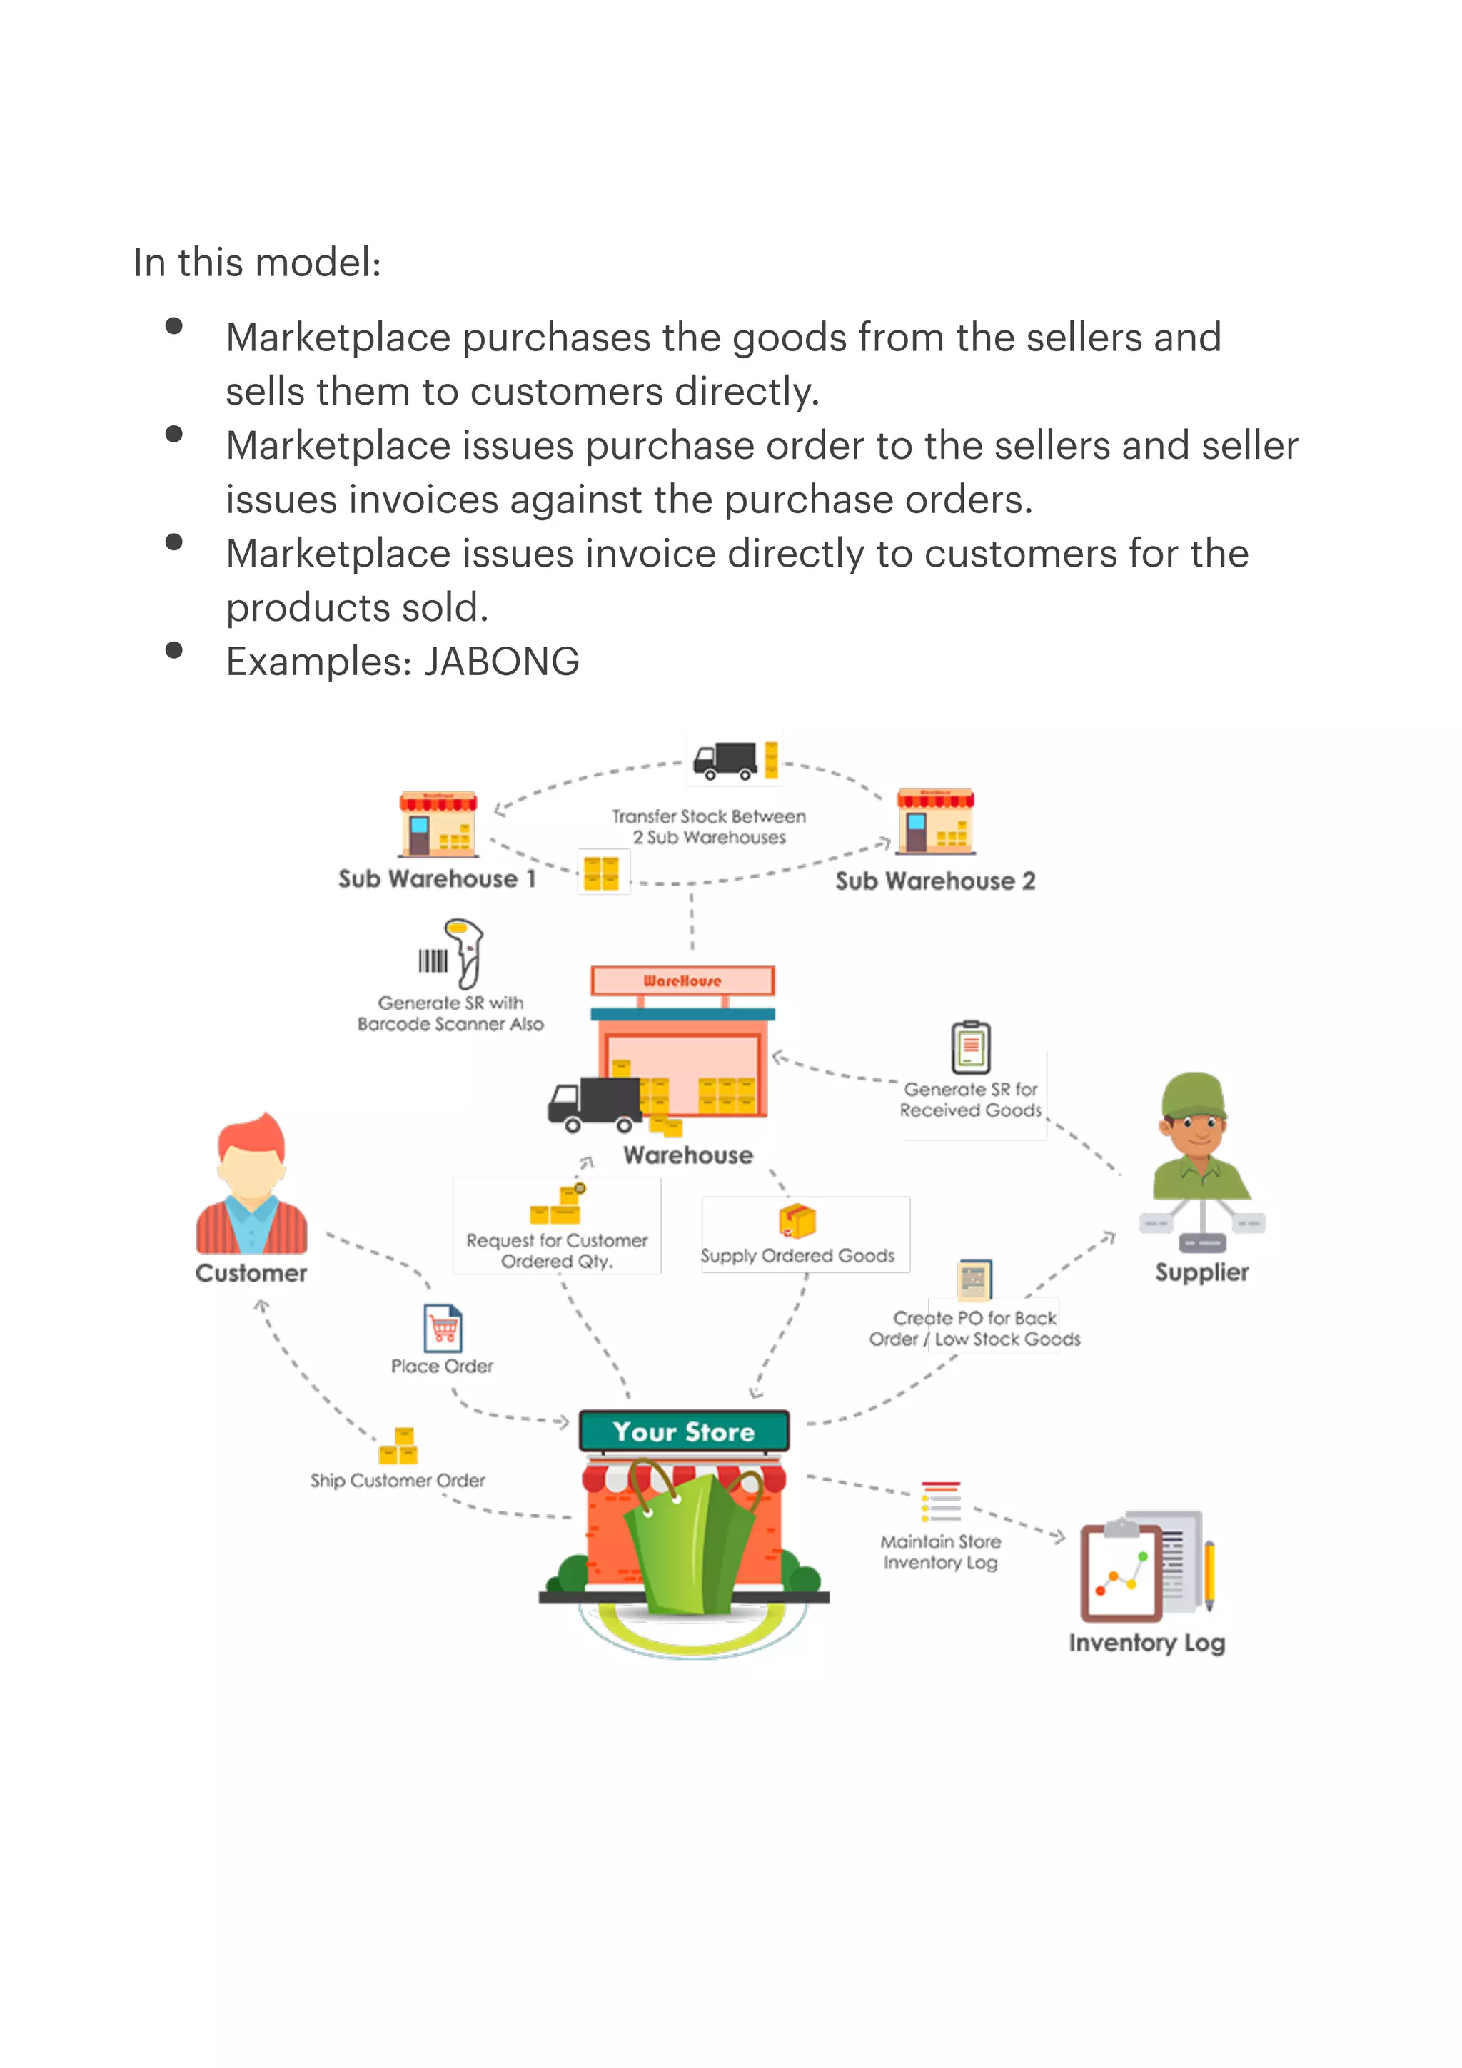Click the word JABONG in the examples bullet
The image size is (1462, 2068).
click(502, 662)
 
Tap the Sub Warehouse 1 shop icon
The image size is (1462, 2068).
click(439, 823)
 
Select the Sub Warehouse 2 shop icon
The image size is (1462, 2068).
click(936, 821)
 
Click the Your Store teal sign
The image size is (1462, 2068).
click(684, 1431)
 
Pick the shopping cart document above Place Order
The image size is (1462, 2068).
click(443, 1329)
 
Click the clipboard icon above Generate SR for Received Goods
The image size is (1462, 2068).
click(971, 1048)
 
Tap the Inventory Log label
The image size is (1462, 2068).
click(1146, 1643)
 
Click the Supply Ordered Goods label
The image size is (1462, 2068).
click(798, 1256)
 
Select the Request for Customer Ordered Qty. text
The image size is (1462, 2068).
click(557, 1251)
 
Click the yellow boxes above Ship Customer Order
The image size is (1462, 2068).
click(399, 1446)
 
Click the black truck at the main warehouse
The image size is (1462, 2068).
click(595, 1103)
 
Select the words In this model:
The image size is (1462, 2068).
click(258, 263)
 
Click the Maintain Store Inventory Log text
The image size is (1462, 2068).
click(940, 1552)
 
